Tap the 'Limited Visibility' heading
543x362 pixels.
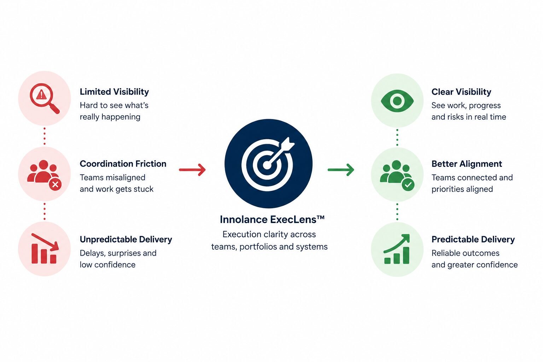tap(114, 92)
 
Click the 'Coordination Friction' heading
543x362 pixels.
tap(123, 164)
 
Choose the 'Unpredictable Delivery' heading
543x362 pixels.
tap(126, 239)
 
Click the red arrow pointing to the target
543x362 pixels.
tap(192, 170)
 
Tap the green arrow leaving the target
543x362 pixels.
tap(341, 170)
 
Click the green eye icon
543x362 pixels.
tap(397, 101)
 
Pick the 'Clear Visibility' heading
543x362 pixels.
tap(461, 92)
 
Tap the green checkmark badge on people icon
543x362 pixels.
tap(408, 185)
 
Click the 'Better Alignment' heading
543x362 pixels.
tap(467, 164)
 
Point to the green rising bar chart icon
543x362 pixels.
tap(397, 249)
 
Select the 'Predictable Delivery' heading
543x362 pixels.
tap(473, 239)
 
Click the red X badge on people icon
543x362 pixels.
tap(55, 185)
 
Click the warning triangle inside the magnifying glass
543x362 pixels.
tap(41, 94)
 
